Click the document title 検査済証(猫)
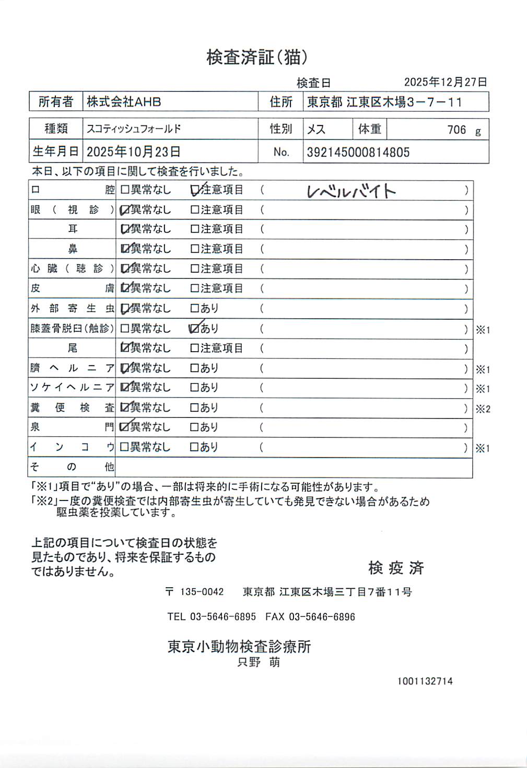tap(257, 57)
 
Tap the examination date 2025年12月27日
tap(445, 82)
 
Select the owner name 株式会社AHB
tap(124, 102)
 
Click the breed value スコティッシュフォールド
tap(134, 129)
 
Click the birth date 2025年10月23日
tap(133, 152)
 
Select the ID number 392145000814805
tap(358, 153)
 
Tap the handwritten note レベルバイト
tap(351, 192)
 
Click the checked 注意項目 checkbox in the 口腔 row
tap(195, 190)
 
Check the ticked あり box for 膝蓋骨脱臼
tap(195, 329)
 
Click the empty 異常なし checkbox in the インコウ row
tap(124, 447)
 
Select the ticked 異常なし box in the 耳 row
tap(125, 229)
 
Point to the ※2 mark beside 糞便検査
tap(483, 409)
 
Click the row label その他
tap(72, 467)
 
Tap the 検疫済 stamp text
tap(396, 568)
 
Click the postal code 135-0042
tap(202, 592)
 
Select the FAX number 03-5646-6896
tap(322, 617)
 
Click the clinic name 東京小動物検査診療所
tap(239, 646)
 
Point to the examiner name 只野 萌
tap(259, 662)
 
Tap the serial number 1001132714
tap(425, 681)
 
